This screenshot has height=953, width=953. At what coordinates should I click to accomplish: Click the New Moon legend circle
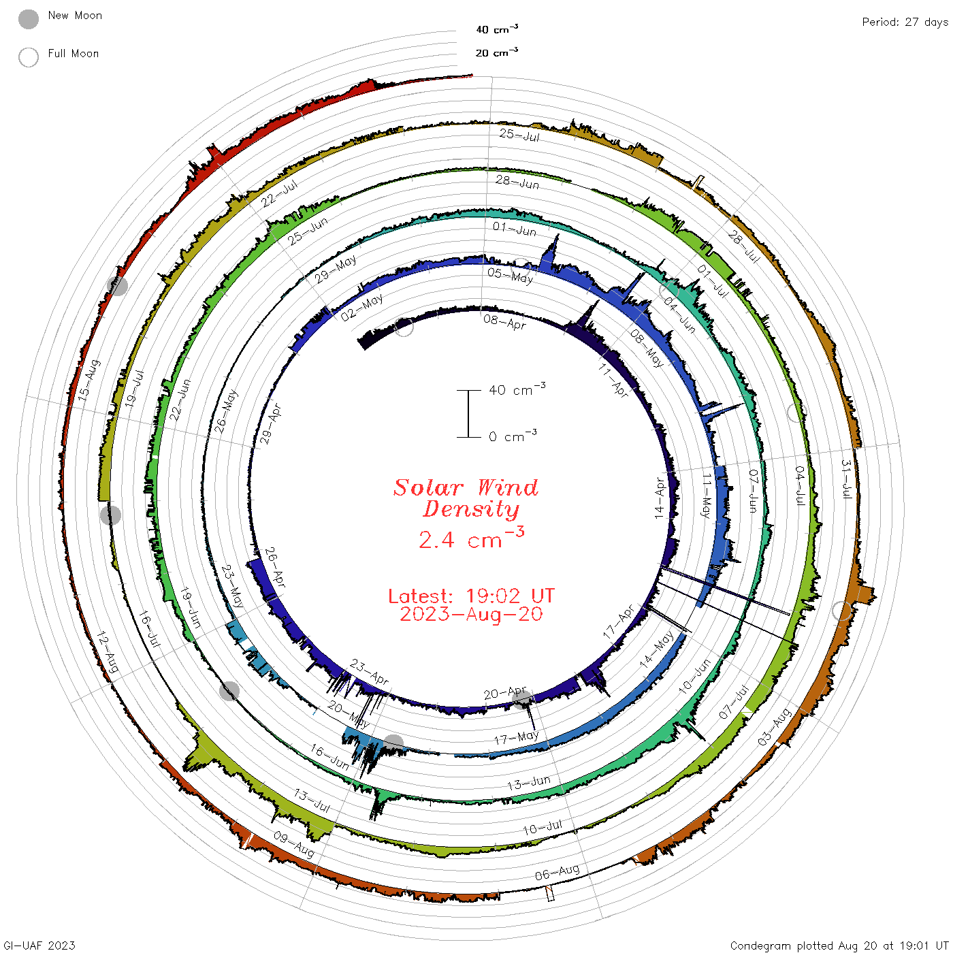28,19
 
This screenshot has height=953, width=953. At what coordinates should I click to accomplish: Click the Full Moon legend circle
28,57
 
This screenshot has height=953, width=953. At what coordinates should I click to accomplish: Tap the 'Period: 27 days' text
905,22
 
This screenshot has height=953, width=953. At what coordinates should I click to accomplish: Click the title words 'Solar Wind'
466,487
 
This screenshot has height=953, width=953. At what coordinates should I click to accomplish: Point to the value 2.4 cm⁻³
471,538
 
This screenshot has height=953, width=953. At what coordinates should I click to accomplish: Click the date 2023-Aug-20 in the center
471,614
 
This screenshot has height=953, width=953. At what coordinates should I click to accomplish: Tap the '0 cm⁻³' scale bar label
513,436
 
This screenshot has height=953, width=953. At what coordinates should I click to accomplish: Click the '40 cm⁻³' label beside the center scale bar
517,389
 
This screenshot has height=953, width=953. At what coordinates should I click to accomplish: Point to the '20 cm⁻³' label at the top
496,52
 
